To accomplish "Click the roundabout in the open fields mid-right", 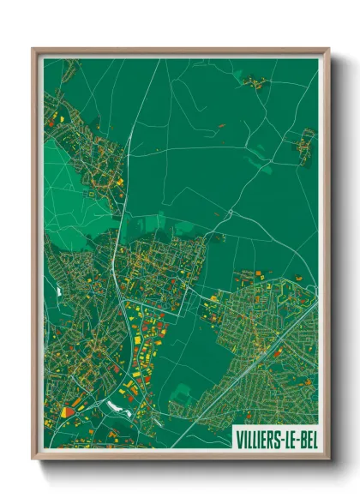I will (230, 213).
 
